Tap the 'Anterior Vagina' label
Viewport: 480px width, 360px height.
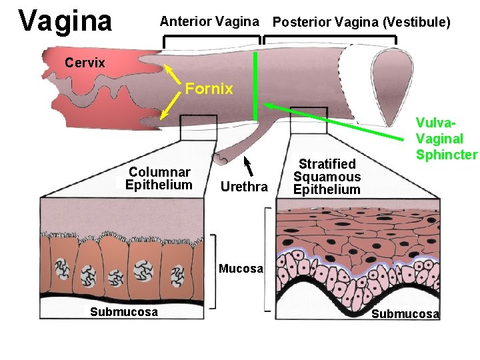[x=209, y=22]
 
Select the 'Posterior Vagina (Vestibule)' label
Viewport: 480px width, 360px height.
[x=361, y=23]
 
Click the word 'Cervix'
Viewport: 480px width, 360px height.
[x=85, y=63]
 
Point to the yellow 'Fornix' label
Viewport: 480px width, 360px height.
[x=209, y=89]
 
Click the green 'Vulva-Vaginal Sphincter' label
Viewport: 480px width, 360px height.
[x=446, y=139]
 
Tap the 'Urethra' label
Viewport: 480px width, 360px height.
[x=243, y=187]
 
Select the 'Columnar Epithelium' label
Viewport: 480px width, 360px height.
[x=159, y=179]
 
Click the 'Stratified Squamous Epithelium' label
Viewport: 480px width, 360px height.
[x=327, y=177]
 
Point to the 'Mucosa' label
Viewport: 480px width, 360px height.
[x=242, y=270]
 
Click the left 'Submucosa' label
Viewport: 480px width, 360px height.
[x=124, y=312]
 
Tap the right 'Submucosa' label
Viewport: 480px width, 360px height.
[x=405, y=314]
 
